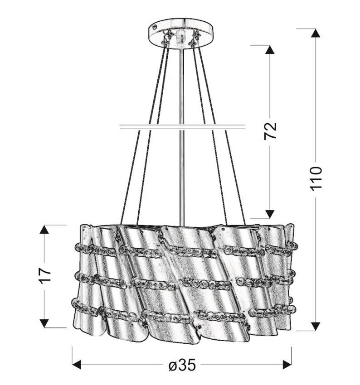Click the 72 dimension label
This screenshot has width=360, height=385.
click(x=270, y=131)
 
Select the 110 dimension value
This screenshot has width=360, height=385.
click(x=316, y=178)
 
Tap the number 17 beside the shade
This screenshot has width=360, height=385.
click(x=44, y=276)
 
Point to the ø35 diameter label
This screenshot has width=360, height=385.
click(x=182, y=365)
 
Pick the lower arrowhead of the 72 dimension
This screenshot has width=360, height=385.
click(x=270, y=214)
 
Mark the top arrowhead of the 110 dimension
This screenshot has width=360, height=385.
click(x=316, y=33)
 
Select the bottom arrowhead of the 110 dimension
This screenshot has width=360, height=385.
click(x=316, y=326)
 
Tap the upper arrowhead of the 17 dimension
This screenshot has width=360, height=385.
click(x=44, y=229)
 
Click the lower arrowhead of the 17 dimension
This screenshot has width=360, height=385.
click(x=44, y=323)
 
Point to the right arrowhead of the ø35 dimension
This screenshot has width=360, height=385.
click(x=287, y=364)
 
